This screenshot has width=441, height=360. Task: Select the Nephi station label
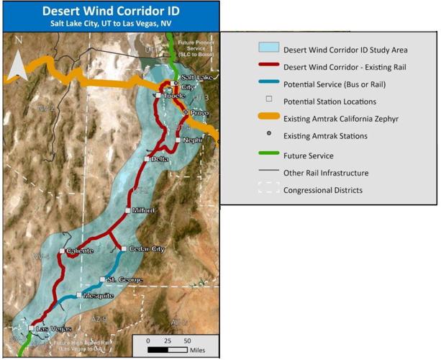tap(192, 140)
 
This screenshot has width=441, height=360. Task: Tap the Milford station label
tap(143, 210)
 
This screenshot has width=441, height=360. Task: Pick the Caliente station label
tap(80, 251)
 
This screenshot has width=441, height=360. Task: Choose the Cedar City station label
tap(147, 249)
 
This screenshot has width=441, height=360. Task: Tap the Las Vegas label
tap(54, 328)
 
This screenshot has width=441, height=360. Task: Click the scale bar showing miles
tap(168, 349)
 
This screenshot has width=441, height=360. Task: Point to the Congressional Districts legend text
tap(323, 190)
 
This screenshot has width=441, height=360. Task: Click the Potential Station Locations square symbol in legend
tap(269, 101)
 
